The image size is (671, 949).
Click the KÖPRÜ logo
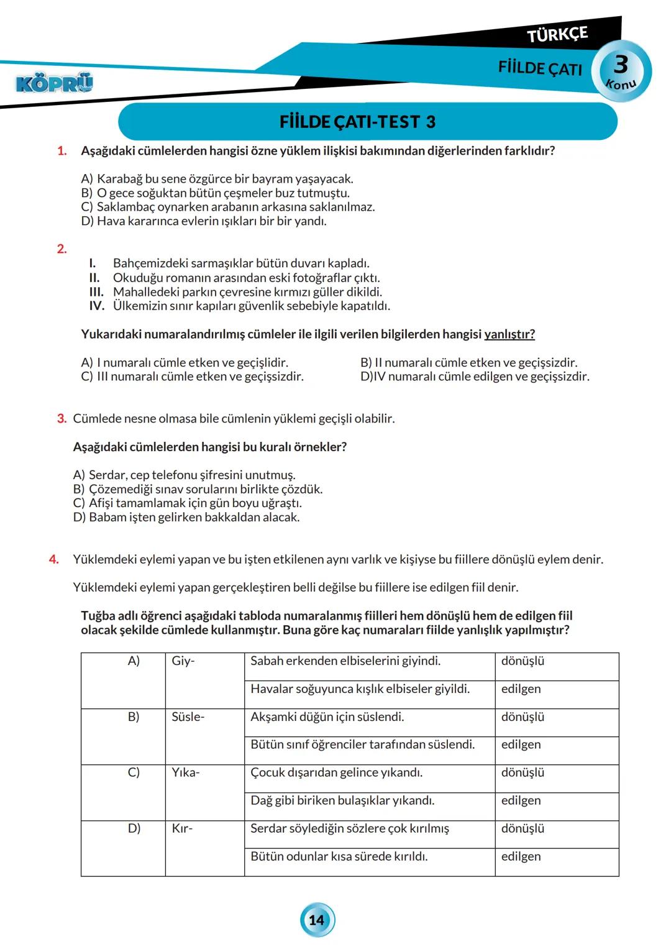coord(55,83)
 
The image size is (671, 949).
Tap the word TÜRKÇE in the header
coord(557,35)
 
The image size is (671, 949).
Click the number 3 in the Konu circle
coord(621,65)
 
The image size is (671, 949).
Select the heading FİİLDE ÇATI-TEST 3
coord(358,122)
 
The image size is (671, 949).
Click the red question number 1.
coord(61,151)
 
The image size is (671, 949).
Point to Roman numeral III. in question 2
coord(96,292)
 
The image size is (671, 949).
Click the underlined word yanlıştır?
coord(509,334)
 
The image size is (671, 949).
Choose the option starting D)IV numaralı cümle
coord(475,377)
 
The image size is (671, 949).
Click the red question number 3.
coord(62,419)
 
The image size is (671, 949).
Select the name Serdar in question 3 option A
coord(107,475)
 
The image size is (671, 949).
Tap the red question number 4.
coord(54,559)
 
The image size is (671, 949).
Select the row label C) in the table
coord(134,772)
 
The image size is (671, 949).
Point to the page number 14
coord(317,920)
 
